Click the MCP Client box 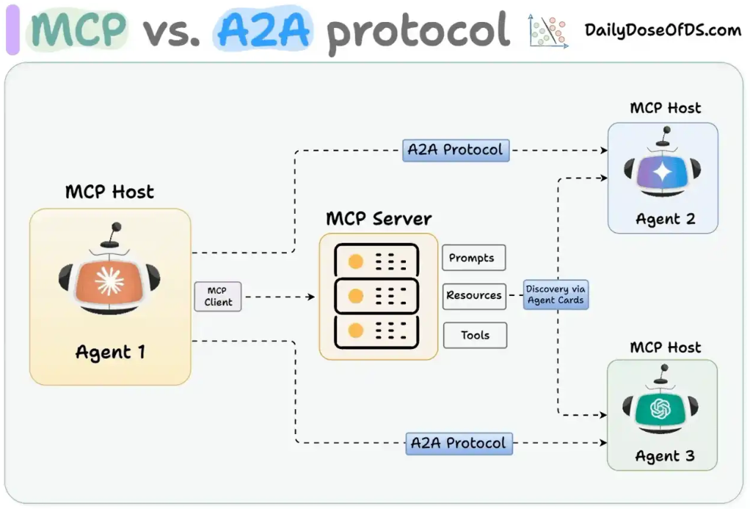[218, 297]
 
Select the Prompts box [473, 258]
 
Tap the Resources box [474, 296]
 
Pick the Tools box [475, 335]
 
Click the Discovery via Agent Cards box [556, 295]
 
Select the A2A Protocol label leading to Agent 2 [456, 150]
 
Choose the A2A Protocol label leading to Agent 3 [459, 444]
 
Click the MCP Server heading [379, 218]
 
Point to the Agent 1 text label [110, 353]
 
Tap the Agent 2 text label [665, 219]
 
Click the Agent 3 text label [664, 456]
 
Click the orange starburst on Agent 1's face [109, 281]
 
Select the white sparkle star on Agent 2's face [663, 172]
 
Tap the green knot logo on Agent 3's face [660, 409]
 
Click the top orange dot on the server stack [355, 261]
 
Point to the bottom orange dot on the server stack [355, 331]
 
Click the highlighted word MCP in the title [79, 29]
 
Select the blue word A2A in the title [263, 29]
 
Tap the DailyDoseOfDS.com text [663, 30]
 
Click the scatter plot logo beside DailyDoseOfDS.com [549, 31]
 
